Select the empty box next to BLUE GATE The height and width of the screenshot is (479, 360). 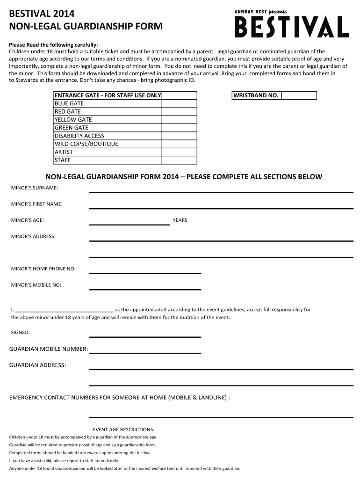point(179,103)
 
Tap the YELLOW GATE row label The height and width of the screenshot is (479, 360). point(73,120)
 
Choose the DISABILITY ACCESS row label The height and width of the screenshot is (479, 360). point(79,136)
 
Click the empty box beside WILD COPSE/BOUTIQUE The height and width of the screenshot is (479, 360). point(179,144)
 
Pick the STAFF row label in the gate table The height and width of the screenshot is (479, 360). point(62,160)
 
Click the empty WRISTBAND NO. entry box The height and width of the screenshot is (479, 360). point(299,95)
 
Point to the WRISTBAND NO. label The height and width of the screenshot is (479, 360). point(257,95)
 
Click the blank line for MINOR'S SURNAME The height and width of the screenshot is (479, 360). point(221,190)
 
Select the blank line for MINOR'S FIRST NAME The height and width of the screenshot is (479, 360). point(221,206)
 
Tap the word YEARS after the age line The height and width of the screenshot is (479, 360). point(180,220)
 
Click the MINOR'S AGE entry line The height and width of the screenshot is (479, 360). point(130,223)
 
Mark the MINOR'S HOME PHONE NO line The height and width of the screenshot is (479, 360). point(145,271)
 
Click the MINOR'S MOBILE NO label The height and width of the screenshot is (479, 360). point(36,285)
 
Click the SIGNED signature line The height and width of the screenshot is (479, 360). point(145,335)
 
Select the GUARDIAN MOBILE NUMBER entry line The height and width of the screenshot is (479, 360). point(145,351)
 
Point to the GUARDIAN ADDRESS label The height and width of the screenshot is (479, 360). point(38,365)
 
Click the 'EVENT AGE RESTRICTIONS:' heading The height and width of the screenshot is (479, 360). point(123,429)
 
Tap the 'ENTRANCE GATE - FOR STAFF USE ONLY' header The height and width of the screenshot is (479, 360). point(108,95)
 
